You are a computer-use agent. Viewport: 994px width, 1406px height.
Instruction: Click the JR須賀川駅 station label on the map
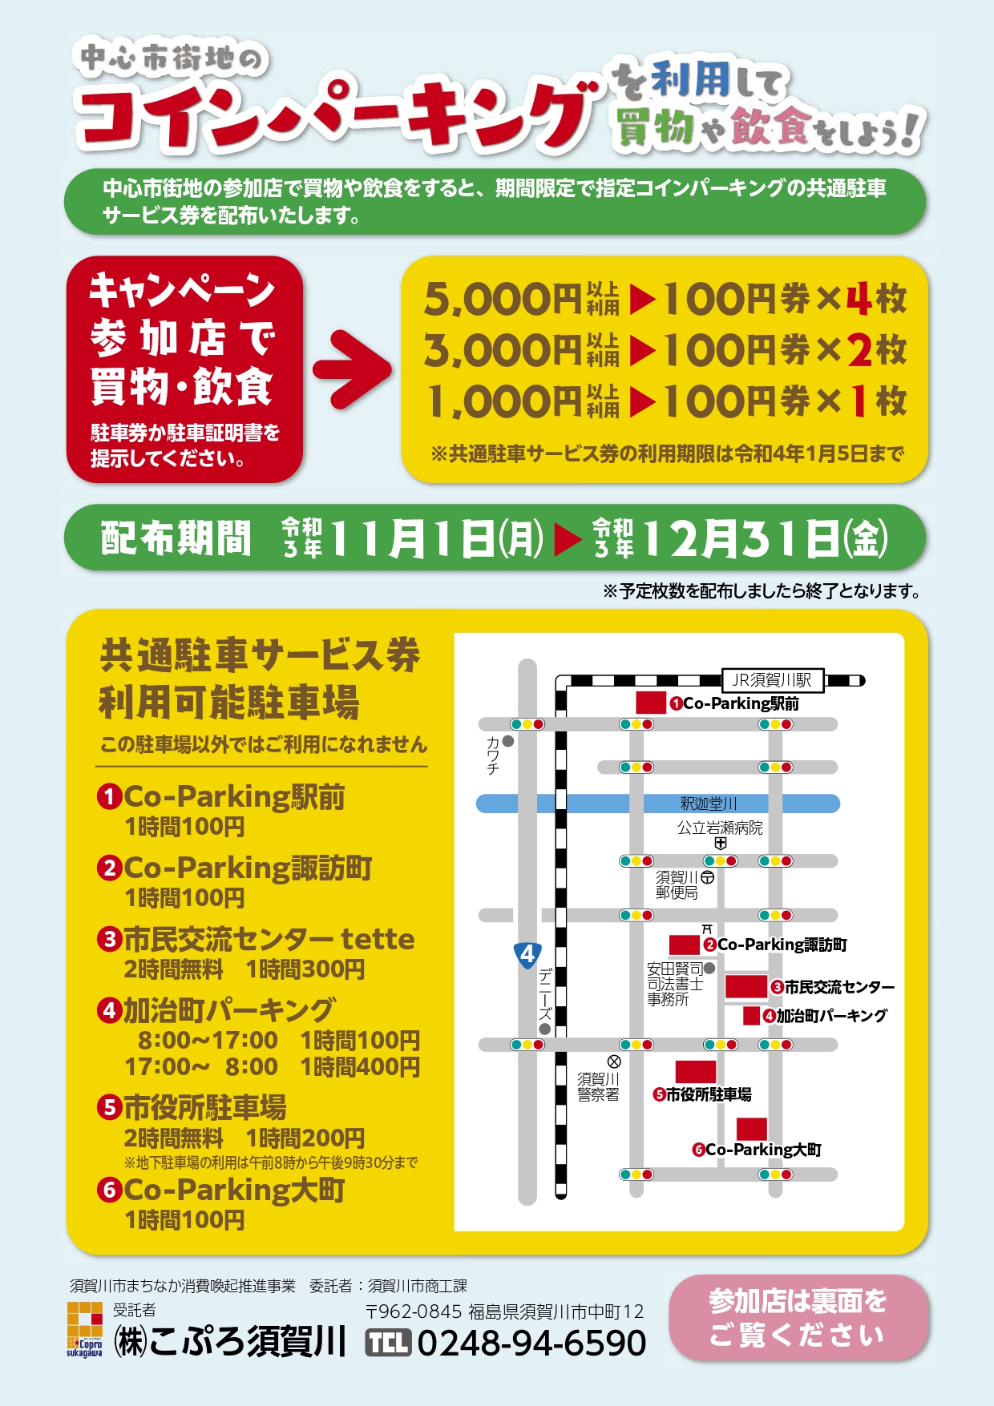point(772,680)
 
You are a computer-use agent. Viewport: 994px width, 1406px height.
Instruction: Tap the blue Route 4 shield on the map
point(527,955)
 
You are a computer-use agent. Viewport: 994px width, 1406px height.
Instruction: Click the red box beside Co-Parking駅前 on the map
point(651,703)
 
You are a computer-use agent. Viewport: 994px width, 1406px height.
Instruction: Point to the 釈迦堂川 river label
point(709,804)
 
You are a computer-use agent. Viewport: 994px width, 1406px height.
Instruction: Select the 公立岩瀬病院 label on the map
point(720,828)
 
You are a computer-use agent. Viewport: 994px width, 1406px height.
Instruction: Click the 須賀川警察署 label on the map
point(598,1087)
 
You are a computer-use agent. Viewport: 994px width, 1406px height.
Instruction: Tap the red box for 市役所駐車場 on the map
point(695,1072)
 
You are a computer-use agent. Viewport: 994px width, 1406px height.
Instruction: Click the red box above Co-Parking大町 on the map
point(752,1128)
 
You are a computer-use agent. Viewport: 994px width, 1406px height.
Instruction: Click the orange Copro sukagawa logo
point(85,1330)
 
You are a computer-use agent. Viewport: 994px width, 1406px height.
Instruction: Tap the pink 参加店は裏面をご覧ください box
point(798,1318)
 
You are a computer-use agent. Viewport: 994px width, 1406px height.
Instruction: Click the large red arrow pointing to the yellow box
point(351,369)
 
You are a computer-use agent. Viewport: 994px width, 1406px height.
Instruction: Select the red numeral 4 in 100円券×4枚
point(859,300)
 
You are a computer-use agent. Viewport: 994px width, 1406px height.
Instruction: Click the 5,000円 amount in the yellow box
point(502,300)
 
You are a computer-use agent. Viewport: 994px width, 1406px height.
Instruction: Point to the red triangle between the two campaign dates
point(568,539)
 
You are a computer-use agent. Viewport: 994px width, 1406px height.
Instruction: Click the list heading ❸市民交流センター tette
point(257,939)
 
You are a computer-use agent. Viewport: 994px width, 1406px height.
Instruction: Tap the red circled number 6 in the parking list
point(109,1190)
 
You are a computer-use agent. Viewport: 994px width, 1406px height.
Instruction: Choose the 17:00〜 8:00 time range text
point(201,1067)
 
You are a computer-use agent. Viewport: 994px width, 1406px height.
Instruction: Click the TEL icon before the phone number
point(388,1343)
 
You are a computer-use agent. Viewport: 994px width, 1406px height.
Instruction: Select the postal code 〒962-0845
point(414,1311)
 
